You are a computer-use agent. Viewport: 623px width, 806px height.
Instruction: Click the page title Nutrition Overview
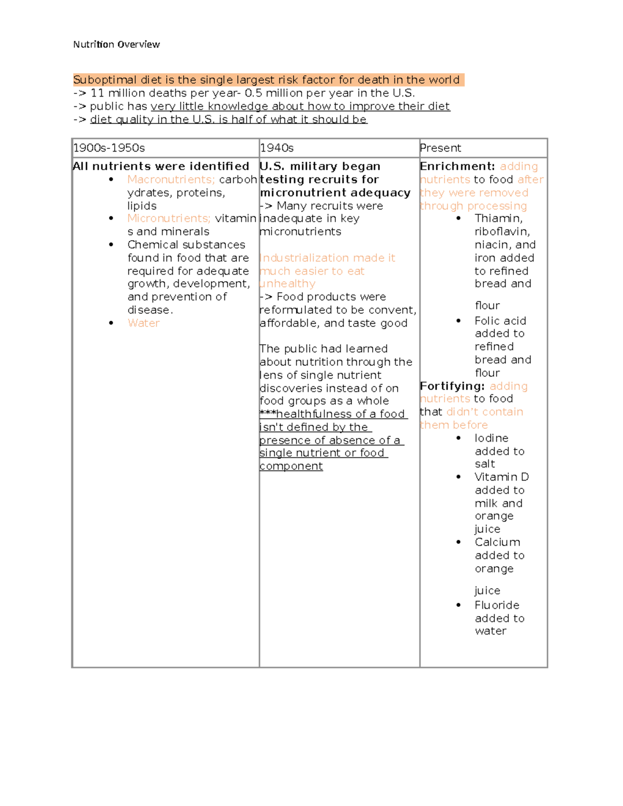point(116,45)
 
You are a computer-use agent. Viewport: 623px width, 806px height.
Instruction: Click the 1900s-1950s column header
point(109,148)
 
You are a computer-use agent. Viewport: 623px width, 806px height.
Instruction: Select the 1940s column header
point(277,148)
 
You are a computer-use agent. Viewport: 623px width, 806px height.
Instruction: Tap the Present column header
point(440,148)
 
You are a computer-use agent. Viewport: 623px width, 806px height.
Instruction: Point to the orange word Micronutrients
point(169,218)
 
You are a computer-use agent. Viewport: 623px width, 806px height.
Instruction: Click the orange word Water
point(143,323)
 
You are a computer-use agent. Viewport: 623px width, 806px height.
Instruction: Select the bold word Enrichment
point(457,167)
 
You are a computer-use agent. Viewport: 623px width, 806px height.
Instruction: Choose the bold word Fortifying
point(452,386)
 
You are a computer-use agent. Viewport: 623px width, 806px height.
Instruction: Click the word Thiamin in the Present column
point(498,218)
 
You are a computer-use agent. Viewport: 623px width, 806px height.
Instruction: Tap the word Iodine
point(491,438)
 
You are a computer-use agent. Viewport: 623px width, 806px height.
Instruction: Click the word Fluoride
point(497,605)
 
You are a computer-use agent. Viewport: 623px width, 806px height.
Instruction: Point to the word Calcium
point(497,542)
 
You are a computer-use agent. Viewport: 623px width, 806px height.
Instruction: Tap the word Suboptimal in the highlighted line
point(105,80)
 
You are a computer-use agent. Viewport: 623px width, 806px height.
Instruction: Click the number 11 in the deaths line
point(98,93)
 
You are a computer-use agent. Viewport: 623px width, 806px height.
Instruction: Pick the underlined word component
point(291,466)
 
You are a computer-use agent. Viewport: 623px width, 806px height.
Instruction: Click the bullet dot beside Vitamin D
point(458,477)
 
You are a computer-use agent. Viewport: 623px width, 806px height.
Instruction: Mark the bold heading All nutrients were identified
point(161,167)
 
